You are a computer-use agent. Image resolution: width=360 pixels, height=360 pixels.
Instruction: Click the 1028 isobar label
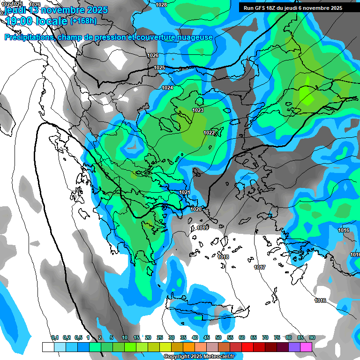coord(161,5)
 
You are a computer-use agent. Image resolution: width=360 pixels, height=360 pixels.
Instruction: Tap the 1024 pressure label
coord(167,88)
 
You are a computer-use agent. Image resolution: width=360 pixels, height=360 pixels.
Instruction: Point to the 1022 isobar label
coord(209,133)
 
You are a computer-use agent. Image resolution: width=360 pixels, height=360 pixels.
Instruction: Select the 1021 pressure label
coord(185,192)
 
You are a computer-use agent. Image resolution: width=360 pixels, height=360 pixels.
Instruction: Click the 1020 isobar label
coord(196,209)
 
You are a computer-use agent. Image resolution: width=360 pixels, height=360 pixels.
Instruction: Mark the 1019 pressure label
coord(202,228)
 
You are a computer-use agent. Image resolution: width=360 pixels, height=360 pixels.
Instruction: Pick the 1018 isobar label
coord(223,257)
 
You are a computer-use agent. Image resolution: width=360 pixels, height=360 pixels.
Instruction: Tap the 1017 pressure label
coord(260,267)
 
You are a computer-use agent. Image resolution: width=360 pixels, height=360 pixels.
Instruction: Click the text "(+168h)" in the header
coord(83,20)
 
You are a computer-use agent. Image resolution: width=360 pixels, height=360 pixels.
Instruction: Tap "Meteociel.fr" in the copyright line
coord(216,356)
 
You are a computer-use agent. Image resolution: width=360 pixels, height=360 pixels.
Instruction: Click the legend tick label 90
coord(312,337)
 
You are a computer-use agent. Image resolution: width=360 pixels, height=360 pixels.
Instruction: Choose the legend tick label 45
coord(207,337)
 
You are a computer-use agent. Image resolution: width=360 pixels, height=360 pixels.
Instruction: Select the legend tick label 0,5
coord(78,337)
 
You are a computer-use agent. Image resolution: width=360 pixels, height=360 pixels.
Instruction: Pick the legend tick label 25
coord(160,337)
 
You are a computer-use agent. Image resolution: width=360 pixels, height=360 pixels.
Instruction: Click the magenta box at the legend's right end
coord(306,347)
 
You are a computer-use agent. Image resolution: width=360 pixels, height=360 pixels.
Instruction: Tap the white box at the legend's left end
coord(48,347)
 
